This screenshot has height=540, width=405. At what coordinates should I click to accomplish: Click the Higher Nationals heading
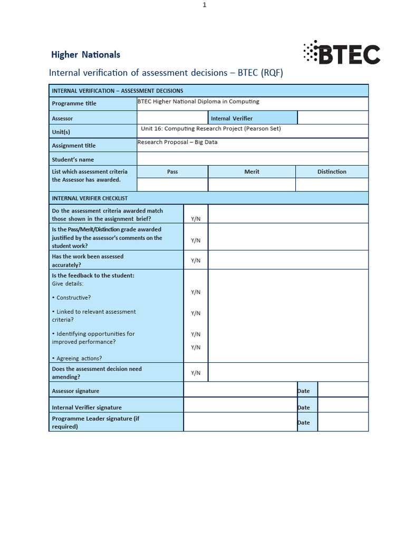tap(85, 55)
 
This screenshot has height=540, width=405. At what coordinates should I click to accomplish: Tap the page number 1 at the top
tap(205, 5)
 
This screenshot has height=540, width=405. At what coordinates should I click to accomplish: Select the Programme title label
tap(74, 103)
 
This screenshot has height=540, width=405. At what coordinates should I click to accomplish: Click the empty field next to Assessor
tap(172, 118)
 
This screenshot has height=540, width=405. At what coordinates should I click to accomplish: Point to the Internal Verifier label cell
tap(232, 118)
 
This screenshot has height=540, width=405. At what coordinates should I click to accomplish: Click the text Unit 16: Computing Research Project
tap(211, 129)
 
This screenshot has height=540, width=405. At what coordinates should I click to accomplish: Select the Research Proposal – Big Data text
tap(177, 142)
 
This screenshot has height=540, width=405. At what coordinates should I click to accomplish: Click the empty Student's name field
tap(252, 159)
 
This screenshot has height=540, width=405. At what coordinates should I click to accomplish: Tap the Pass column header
tap(172, 172)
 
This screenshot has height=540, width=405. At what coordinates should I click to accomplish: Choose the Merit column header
tap(252, 172)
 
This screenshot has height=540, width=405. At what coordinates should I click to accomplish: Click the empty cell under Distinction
tap(332, 185)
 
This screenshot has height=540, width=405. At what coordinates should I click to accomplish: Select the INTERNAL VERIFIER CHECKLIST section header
tap(90, 198)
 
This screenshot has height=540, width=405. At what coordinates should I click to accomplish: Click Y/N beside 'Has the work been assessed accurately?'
tap(196, 261)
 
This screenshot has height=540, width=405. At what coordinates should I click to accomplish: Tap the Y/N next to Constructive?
tap(196, 292)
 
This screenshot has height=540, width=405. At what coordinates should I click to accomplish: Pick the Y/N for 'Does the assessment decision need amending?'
tap(196, 373)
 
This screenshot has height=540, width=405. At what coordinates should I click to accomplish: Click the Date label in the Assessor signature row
tap(304, 391)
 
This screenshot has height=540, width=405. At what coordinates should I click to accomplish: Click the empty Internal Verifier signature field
tap(240, 407)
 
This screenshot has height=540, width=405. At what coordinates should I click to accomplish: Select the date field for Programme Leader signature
tap(343, 422)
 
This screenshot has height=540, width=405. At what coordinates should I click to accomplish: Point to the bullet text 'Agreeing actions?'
tap(79, 359)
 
